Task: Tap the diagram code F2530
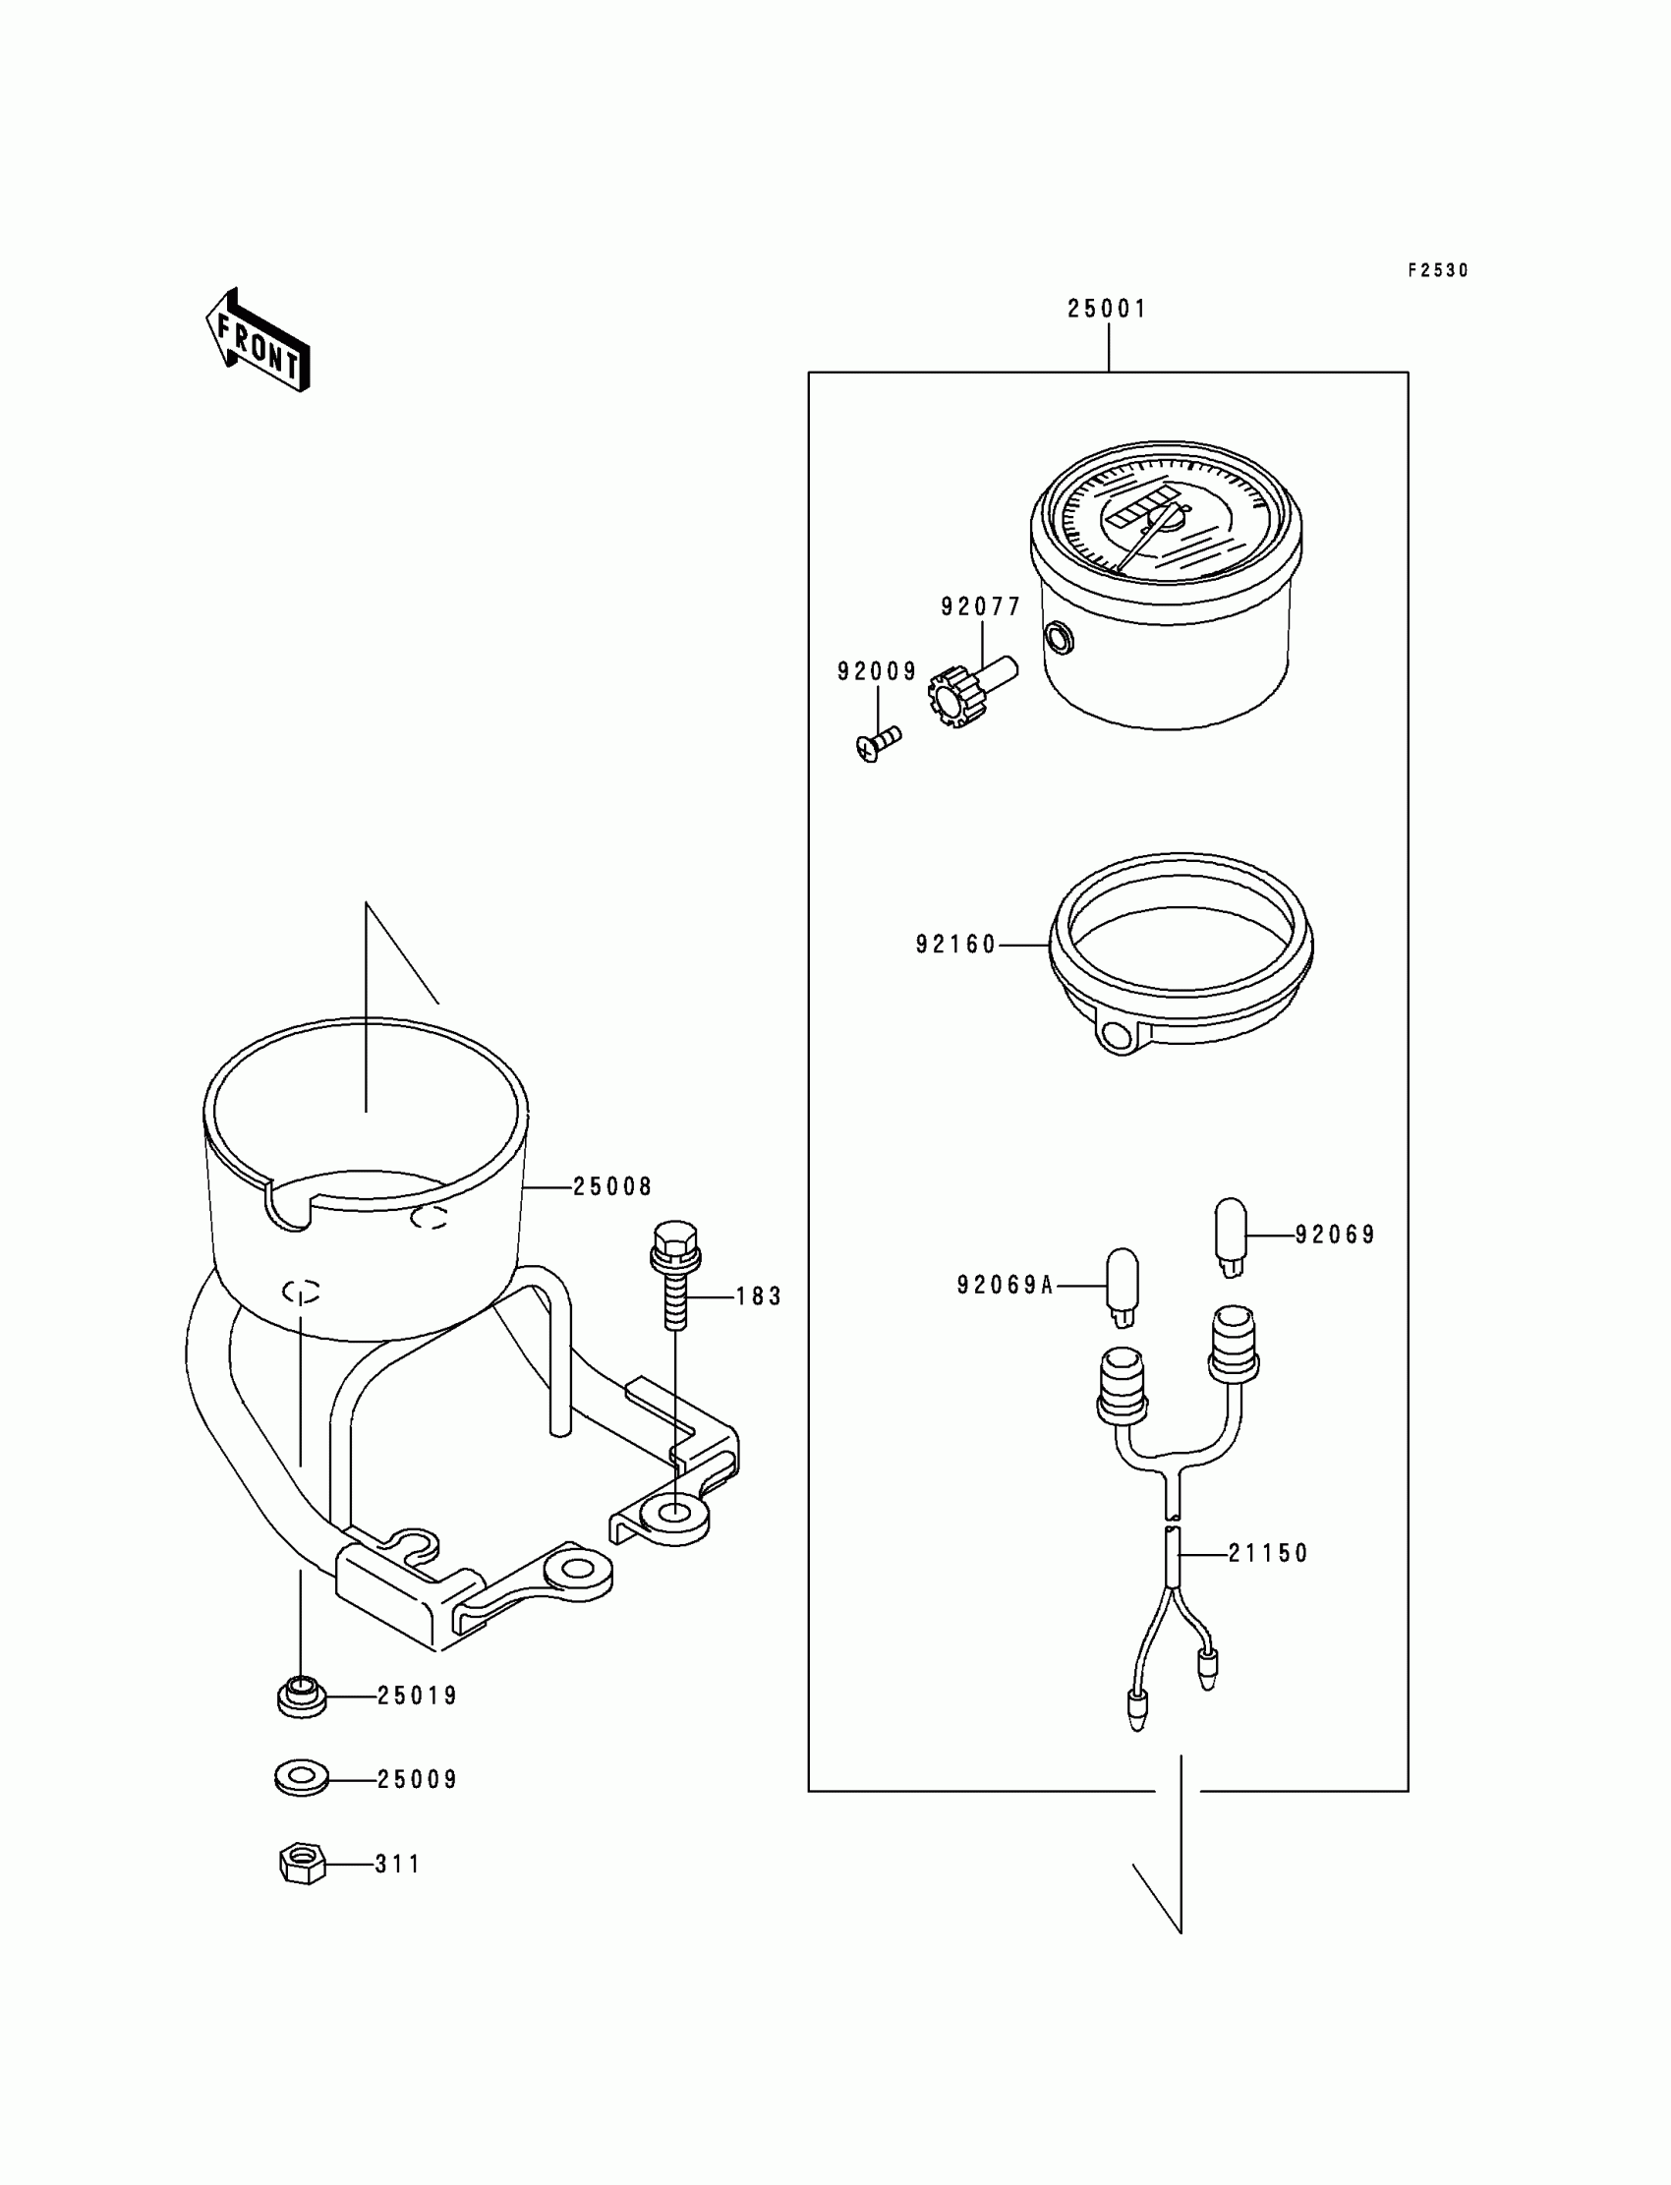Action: (x=1437, y=270)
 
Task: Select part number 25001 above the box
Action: (x=1107, y=310)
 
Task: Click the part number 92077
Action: (x=981, y=606)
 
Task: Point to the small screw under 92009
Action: (x=877, y=743)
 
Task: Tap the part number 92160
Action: (x=954, y=945)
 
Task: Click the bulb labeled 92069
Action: (x=1231, y=1236)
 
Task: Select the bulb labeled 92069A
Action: (x=1122, y=1286)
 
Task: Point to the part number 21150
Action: (x=1268, y=1553)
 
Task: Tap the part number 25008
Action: (x=612, y=1186)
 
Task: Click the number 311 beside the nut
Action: (x=398, y=1864)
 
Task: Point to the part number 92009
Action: (x=876, y=672)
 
